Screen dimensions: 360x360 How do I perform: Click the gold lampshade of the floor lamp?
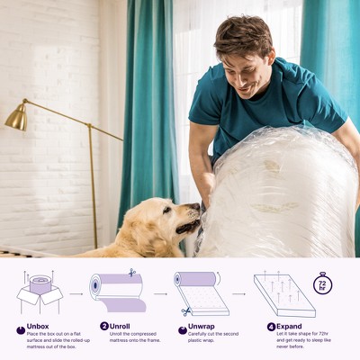(x=16, y=118)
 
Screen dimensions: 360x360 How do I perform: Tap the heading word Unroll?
(x=120, y=326)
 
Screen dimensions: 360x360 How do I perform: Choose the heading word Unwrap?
(x=201, y=326)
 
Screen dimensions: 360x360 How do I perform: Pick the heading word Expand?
(x=289, y=326)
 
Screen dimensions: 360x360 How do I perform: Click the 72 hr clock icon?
(x=322, y=284)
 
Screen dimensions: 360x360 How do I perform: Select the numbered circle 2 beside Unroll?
(x=104, y=326)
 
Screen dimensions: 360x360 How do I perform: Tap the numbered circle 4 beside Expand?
(x=271, y=326)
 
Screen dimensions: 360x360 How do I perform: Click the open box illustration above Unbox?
(x=40, y=290)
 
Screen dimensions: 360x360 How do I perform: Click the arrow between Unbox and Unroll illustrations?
(x=76, y=293)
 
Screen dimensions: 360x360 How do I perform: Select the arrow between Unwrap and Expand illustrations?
(x=238, y=293)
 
